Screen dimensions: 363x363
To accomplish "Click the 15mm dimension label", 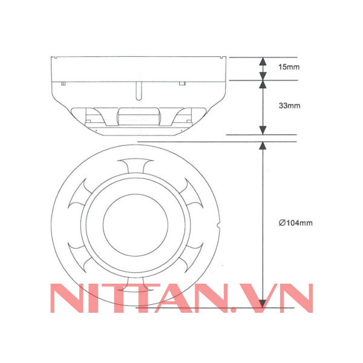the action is click(289, 67).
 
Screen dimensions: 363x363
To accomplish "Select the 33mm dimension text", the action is click(289, 106).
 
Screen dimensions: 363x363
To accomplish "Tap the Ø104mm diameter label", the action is click(296, 223).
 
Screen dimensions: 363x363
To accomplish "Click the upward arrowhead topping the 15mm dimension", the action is click(263, 61).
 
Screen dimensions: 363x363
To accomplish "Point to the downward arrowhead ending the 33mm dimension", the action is click(263, 130).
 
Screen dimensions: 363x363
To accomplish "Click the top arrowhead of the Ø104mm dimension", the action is click(263, 146).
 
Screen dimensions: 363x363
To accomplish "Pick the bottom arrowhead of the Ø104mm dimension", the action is click(263, 304).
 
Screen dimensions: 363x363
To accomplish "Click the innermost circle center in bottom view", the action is click(136, 225).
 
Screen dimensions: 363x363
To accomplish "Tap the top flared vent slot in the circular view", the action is click(136, 165).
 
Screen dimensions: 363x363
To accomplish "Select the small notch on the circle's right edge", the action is click(218, 225).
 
